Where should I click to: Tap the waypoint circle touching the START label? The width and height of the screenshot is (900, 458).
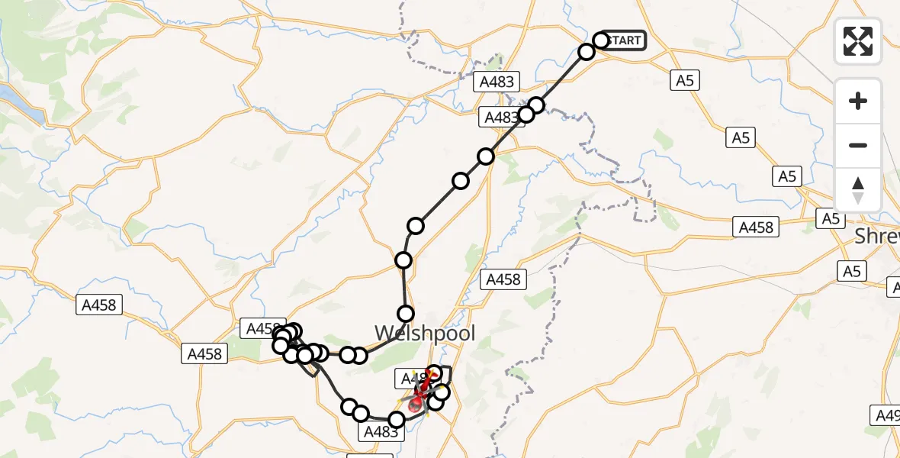(x=601, y=40)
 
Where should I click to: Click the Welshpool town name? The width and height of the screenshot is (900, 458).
(x=425, y=334)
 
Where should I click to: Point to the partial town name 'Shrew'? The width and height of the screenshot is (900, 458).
(x=877, y=236)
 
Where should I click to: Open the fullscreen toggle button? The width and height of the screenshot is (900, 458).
(x=858, y=41)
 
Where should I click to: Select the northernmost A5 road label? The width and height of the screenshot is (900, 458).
(x=685, y=79)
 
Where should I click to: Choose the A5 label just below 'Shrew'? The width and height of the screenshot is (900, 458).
(x=852, y=271)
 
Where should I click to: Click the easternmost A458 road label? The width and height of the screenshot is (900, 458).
(x=756, y=227)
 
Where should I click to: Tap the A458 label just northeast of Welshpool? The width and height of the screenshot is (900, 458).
(x=503, y=279)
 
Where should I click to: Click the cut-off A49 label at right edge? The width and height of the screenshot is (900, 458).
(x=887, y=415)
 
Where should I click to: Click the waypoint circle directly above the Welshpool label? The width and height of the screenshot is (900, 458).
(x=406, y=314)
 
